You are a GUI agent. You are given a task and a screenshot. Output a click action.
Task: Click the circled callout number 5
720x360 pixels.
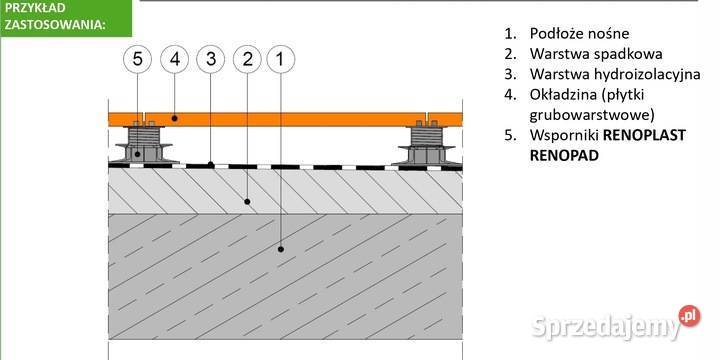tap(137, 59)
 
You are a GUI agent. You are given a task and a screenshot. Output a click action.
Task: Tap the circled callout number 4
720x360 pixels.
tap(174, 59)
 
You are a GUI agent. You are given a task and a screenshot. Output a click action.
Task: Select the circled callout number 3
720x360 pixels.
tap(211, 59)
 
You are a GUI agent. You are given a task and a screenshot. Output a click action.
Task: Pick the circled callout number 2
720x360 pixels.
tap(248, 59)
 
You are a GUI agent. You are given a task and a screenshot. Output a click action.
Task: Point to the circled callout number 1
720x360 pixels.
tap(281, 59)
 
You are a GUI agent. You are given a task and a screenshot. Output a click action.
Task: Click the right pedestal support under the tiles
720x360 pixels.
tap(427, 142)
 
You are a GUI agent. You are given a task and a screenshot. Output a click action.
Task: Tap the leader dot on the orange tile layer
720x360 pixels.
tap(174, 118)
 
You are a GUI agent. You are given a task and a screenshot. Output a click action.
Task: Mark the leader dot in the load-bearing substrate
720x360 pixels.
tap(281, 249)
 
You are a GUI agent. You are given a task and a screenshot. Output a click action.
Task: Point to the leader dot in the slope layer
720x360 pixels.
tap(247, 201)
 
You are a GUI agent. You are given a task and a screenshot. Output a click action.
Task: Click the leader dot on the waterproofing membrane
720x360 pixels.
tap(211, 164)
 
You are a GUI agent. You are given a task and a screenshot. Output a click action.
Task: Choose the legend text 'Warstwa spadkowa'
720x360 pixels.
tap(596, 54)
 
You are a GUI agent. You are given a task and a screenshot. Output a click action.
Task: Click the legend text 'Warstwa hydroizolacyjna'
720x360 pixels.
tap(615, 74)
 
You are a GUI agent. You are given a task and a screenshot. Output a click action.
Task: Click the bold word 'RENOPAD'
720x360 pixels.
tap(564, 156)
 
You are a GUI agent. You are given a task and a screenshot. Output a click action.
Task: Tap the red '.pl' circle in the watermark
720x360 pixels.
tap(689, 316)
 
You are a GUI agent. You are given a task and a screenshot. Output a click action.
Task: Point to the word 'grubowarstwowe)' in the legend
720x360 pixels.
tap(592, 115)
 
